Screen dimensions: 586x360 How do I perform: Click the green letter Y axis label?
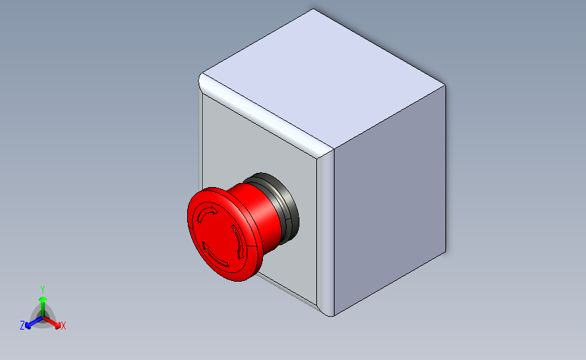[42, 290]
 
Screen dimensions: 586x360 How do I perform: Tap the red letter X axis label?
[63, 326]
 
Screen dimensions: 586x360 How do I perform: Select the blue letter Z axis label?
[22, 326]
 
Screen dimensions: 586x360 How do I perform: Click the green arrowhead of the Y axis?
[43, 299]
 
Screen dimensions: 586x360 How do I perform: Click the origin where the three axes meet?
[43, 318]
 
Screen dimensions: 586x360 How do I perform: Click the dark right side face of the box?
[390, 200]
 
